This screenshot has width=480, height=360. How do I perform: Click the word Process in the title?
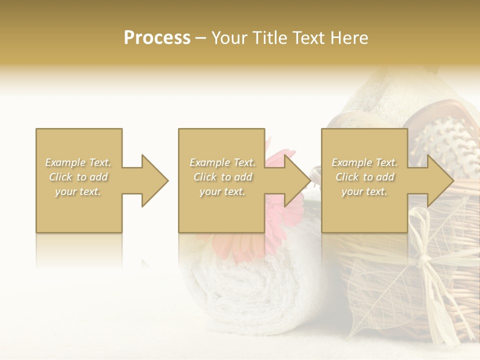[157, 38]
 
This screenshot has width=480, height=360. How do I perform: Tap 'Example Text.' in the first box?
[78, 162]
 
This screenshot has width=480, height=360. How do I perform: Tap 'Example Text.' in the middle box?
[222, 162]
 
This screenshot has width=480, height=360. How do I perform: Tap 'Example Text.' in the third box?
[364, 162]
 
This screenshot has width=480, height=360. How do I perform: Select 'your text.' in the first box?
[78, 191]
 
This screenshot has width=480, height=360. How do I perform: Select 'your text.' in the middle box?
[222, 191]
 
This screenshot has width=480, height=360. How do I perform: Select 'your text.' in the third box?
[364, 191]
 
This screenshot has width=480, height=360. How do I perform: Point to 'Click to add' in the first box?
[78, 177]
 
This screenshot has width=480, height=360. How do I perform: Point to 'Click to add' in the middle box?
[222, 177]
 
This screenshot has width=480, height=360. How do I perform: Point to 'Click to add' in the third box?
[364, 177]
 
